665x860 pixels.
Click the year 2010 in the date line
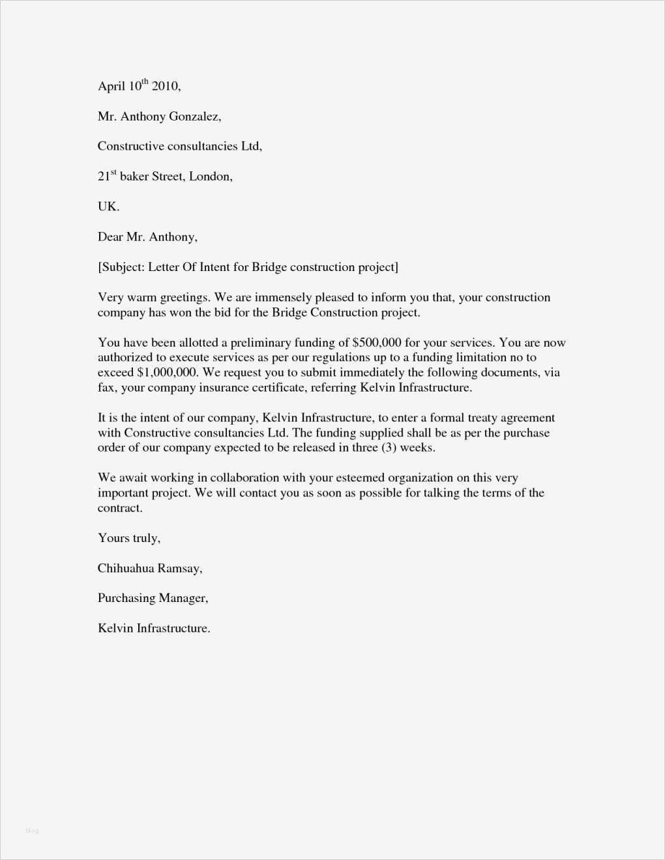165,86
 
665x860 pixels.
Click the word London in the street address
210,177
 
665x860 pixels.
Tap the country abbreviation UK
108,207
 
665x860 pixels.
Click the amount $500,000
376,343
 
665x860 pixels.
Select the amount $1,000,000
166,373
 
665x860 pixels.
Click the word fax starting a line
106,388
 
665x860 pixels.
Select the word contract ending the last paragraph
119,508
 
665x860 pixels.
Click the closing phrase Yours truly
128,538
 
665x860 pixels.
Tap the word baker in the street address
134,177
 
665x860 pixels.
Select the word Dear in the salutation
110,237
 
